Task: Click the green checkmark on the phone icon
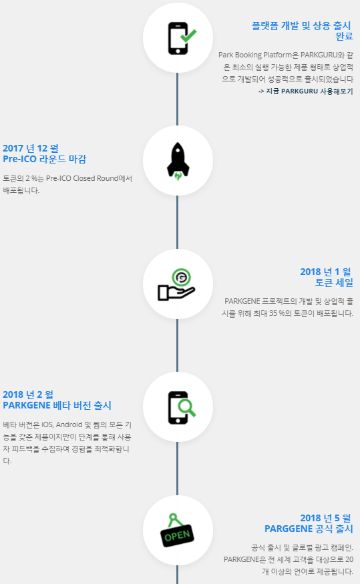tap(188, 36)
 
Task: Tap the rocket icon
tap(178, 162)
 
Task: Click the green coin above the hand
tap(182, 278)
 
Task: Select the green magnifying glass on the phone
tap(187, 408)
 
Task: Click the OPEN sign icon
tap(177, 531)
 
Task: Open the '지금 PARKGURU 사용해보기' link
tap(306, 91)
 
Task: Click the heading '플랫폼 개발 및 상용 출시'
tap(301, 26)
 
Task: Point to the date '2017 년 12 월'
tap(31, 148)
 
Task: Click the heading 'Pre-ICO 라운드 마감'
tap(45, 159)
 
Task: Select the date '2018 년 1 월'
tap(326, 272)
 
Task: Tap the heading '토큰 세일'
tap(334, 283)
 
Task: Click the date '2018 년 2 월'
tap(28, 395)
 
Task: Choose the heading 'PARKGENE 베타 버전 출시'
tap(57, 406)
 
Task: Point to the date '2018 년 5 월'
tap(326, 518)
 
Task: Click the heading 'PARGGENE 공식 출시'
tap(309, 529)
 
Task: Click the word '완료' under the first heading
tap(344, 37)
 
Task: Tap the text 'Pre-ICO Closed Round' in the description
tap(82, 178)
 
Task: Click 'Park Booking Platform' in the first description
tap(255, 55)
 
